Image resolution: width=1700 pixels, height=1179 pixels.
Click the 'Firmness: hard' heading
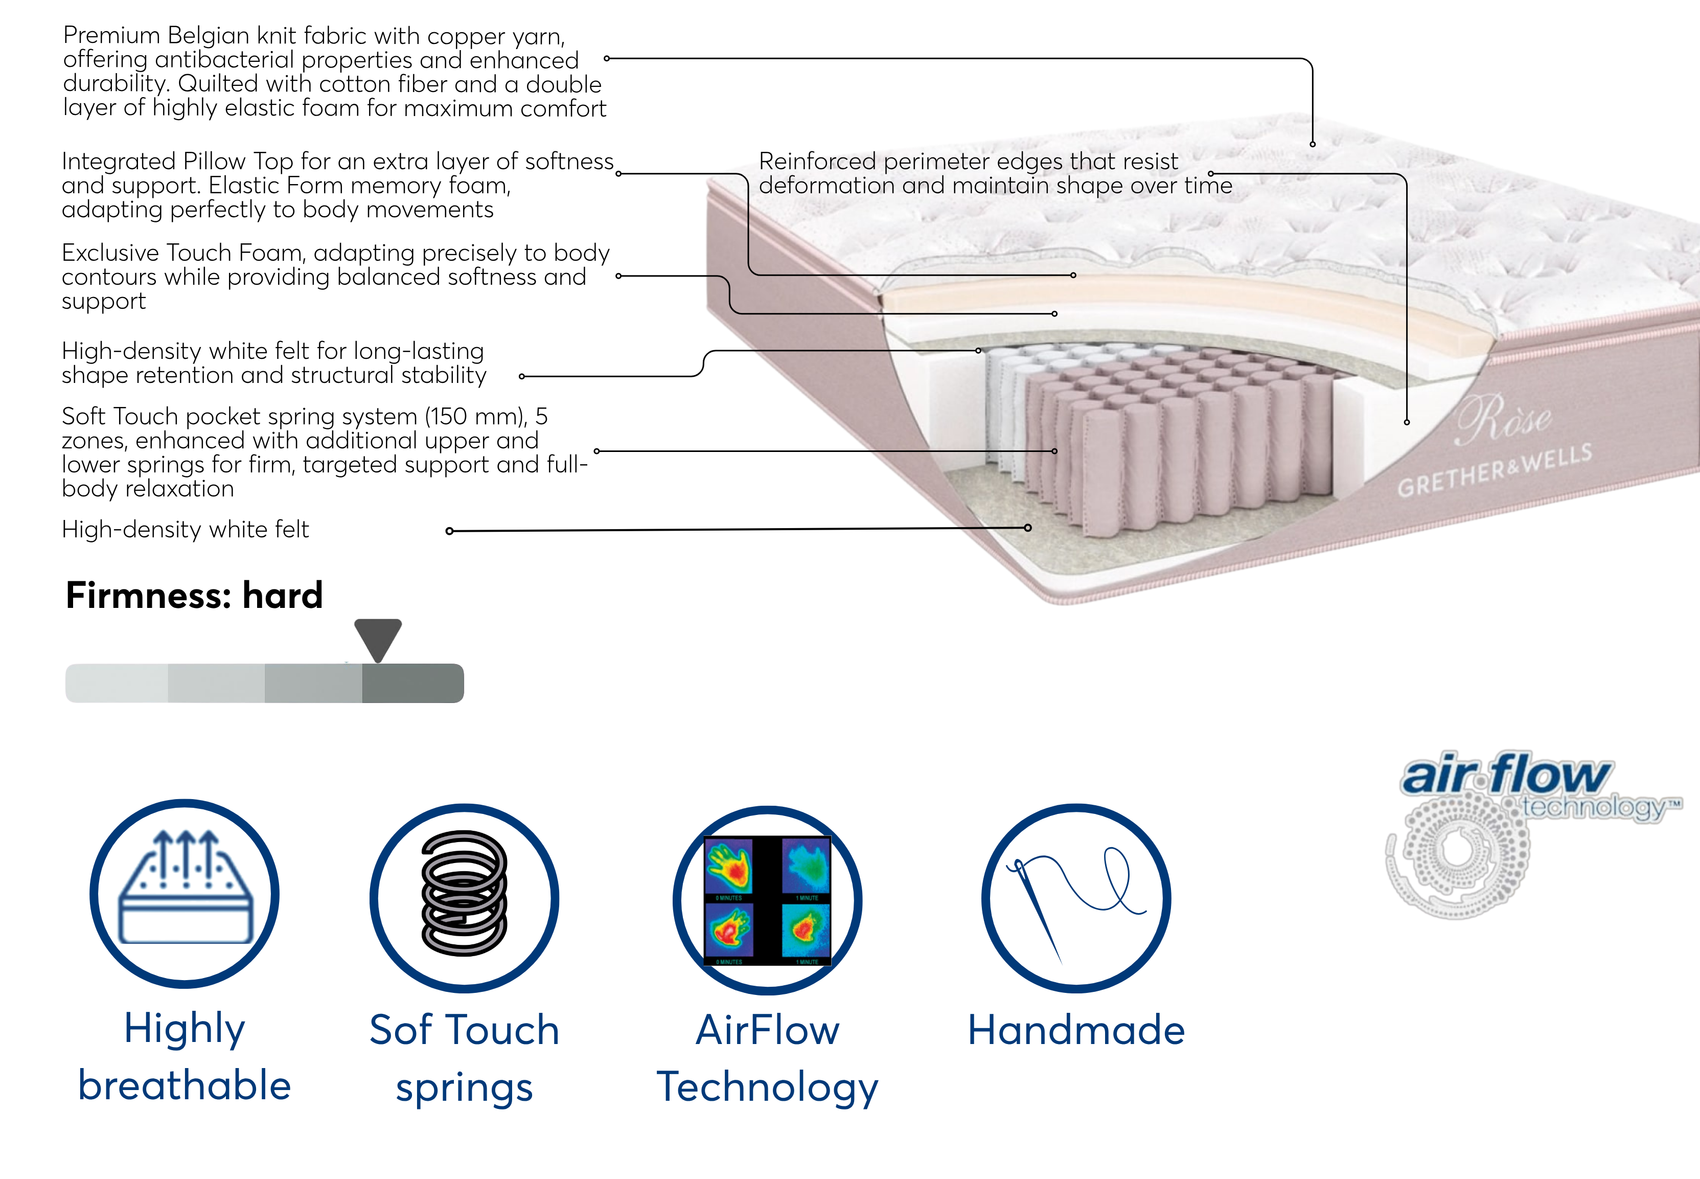[194, 596]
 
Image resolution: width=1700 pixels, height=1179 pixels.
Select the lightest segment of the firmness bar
[117, 683]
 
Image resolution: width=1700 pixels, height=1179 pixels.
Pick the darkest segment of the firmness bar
[413, 683]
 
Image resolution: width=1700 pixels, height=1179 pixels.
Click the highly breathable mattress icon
[185, 894]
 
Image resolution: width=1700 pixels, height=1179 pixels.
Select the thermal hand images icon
[767, 900]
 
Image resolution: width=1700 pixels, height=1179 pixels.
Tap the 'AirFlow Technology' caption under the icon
[767, 1058]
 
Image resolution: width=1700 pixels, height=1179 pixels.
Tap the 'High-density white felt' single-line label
[186, 530]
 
